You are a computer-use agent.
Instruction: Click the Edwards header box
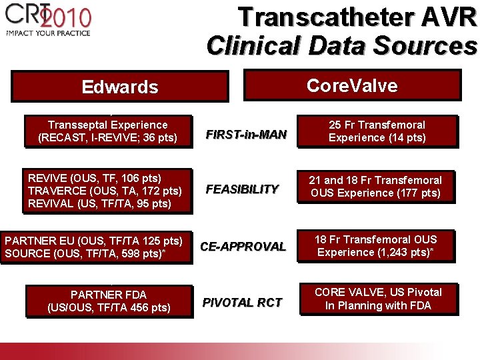[120, 87]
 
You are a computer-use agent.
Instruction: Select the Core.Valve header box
[353, 86]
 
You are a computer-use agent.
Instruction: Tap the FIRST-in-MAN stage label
[246, 135]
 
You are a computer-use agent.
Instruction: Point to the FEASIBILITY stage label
[242, 189]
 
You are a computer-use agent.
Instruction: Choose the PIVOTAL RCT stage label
[242, 303]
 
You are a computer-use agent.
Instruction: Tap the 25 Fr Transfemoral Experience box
[377, 131]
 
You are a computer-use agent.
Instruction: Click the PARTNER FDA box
[109, 301]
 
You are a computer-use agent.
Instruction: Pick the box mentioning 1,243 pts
[377, 245]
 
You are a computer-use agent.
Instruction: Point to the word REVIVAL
[51, 203]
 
